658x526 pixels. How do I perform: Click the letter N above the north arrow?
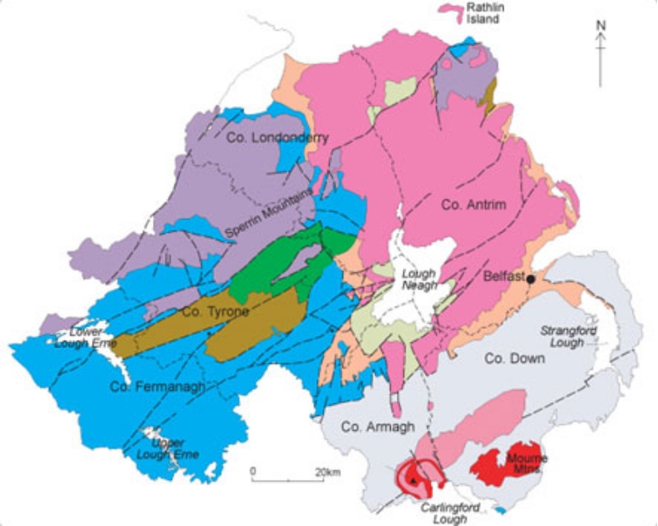pos(600,25)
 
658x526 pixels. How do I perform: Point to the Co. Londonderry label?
pos(278,138)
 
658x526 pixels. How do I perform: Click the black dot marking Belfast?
pos(530,279)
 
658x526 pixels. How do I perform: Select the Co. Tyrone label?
pos(215,311)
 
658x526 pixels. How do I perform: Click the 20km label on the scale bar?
pos(326,472)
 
